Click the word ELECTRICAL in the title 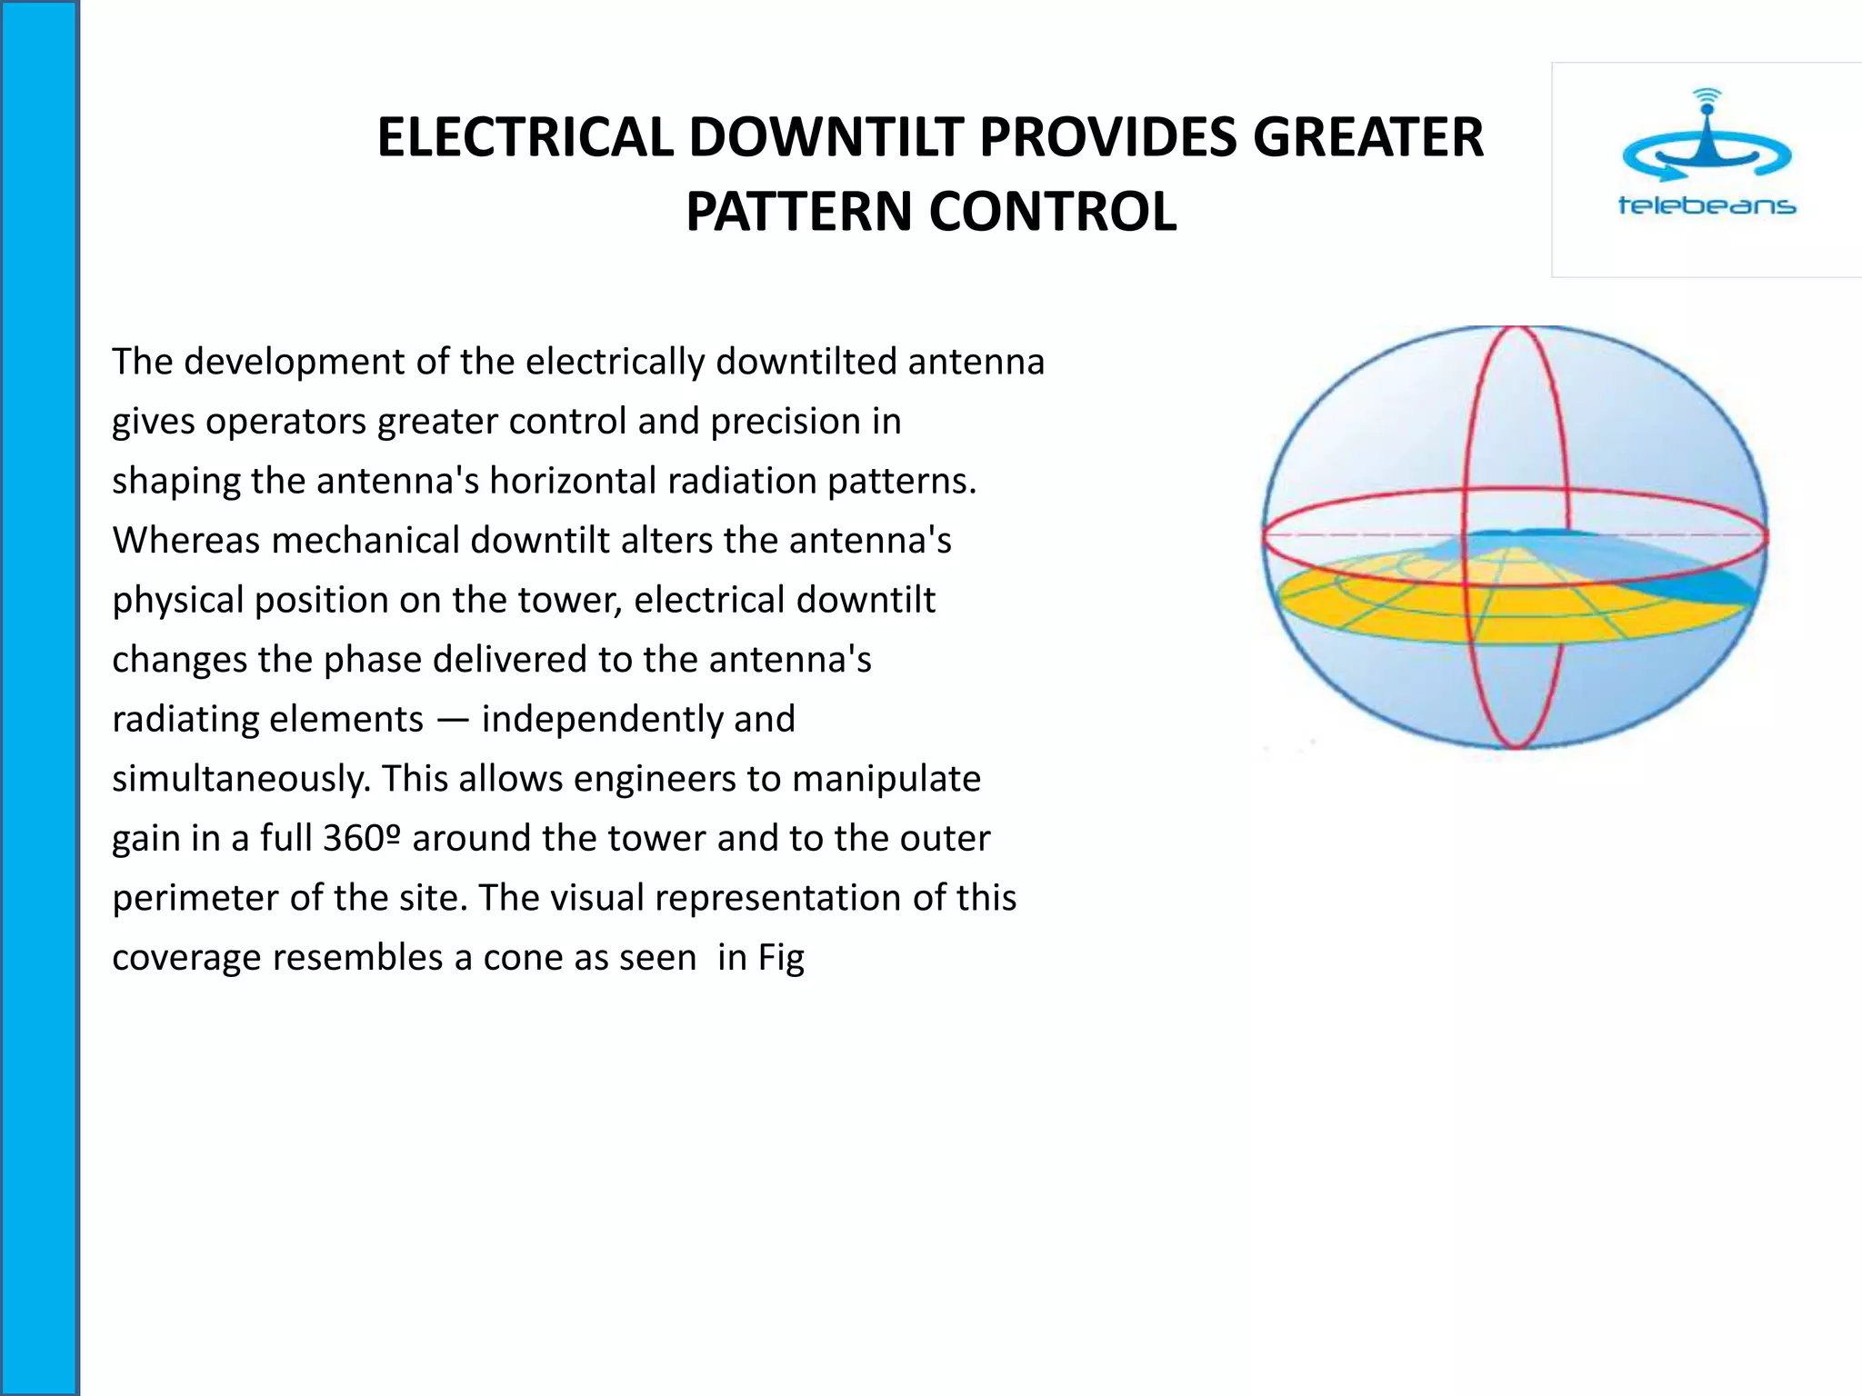(x=526, y=138)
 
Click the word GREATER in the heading (x=1368, y=138)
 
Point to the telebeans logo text (x=1707, y=205)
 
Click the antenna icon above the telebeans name (x=1707, y=136)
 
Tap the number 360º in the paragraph (x=361, y=838)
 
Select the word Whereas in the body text (x=186, y=541)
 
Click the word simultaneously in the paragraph (x=241, y=779)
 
